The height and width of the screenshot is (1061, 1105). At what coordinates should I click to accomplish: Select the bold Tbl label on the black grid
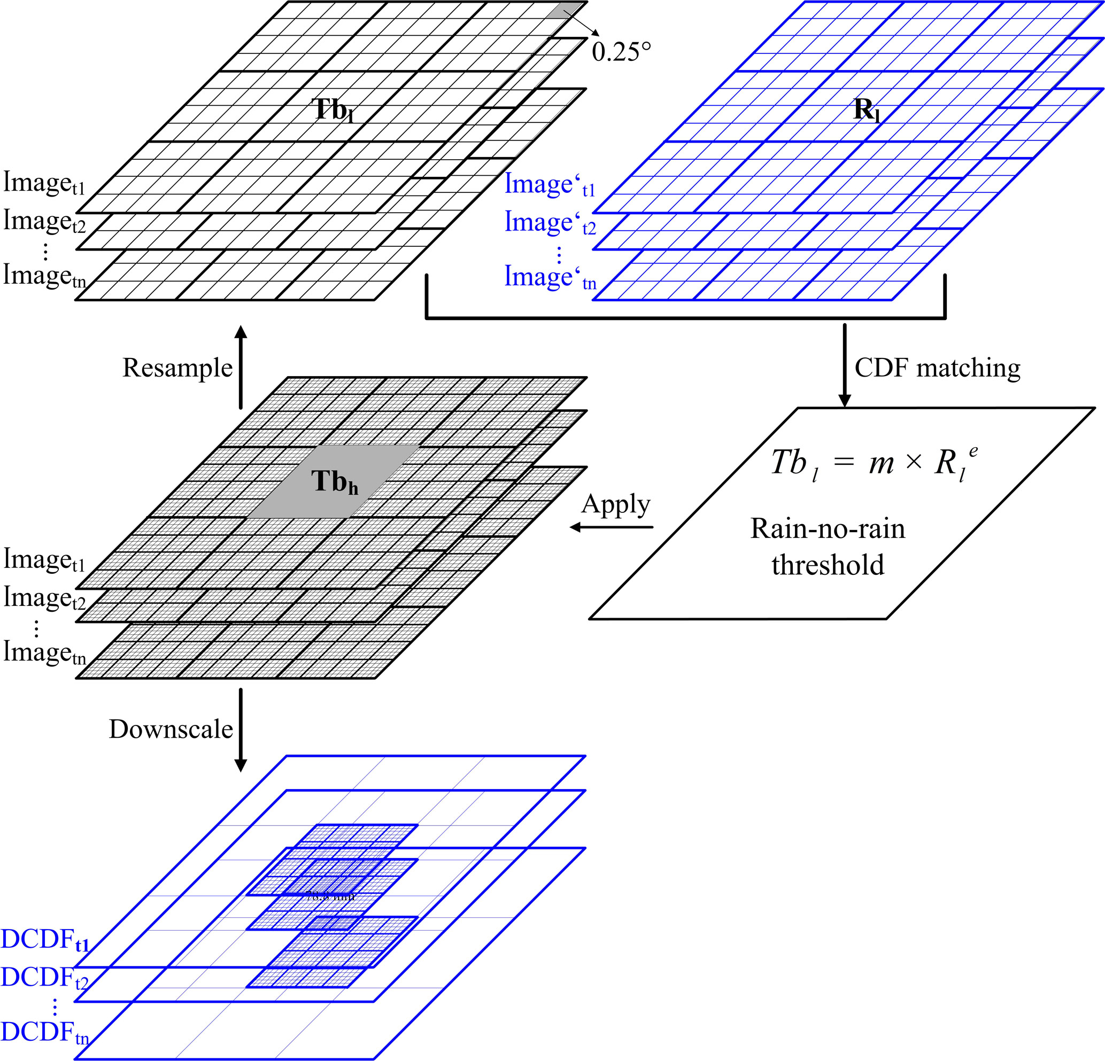pos(333,110)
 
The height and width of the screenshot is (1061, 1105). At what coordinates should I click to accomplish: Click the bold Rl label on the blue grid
pos(867,110)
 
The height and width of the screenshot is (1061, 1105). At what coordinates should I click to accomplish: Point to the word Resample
pos(177,368)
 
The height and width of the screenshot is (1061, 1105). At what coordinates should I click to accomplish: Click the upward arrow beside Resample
pos(241,366)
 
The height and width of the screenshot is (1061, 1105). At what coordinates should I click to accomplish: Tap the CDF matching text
pos(937,368)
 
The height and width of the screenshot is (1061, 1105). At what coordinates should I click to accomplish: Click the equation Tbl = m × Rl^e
pos(874,463)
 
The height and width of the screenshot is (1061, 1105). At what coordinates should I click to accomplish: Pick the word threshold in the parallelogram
pos(828,565)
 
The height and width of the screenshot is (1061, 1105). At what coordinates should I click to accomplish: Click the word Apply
pos(616,504)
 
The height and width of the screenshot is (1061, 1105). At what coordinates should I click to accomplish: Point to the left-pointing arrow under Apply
pos(611,527)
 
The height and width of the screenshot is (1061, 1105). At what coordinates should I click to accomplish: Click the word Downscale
pos(171,729)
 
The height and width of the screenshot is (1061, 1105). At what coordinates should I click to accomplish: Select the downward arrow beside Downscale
pos(241,730)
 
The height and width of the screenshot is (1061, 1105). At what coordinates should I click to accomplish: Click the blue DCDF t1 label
pos(45,939)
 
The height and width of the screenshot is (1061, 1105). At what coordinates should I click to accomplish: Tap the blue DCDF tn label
pos(45,1032)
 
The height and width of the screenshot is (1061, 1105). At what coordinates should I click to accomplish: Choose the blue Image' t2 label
pos(550,222)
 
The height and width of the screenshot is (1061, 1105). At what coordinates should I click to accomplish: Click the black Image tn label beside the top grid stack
pos(44,276)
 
